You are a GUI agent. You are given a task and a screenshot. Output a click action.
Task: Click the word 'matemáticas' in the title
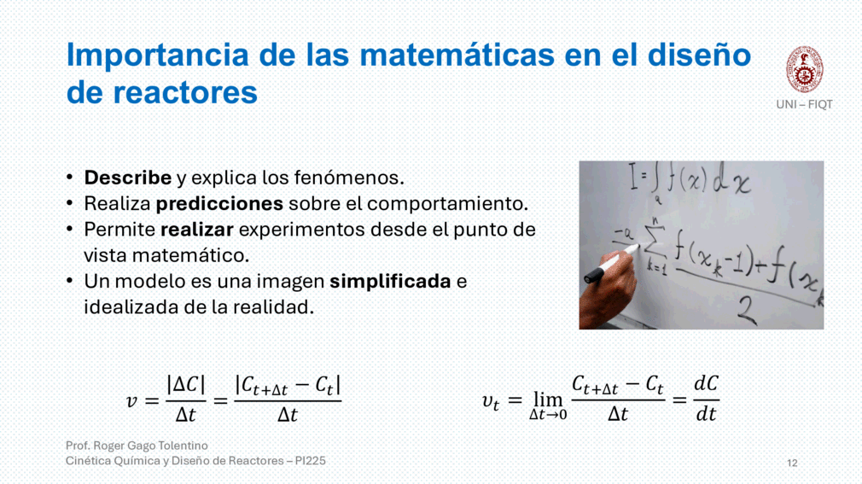[x=457, y=55]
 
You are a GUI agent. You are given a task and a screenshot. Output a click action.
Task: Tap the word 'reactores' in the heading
[x=184, y=92]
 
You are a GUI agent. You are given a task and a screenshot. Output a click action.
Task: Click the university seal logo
[x=804, y=69]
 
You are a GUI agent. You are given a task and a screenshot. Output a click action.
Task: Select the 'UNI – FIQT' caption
[x=804, y=104]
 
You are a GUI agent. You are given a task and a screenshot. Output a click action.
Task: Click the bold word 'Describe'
[x=127, y=178]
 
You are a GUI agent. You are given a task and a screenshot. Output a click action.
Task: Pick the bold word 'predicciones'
[x=219, y=204]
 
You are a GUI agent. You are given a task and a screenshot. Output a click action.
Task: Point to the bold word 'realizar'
[x=197, y=230]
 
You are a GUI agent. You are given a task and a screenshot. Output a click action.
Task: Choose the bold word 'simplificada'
[x=390, y=282]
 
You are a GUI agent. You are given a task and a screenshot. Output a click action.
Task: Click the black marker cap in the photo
[x=594, y=275]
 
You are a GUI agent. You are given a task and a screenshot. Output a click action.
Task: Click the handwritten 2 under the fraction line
[x=746, y=310]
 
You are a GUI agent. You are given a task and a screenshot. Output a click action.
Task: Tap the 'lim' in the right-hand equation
[x=548, y=399]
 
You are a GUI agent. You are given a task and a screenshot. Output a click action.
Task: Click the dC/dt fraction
[x=706, y=398]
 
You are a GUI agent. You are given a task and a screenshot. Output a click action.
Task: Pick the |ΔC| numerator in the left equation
[x=186, y=384]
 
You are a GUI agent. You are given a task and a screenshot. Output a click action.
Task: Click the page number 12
[x=792, y=464]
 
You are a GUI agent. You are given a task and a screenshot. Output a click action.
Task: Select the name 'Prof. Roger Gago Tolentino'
[x=137, y=446]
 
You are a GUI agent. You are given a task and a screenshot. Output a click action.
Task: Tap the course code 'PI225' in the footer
[x=310, y=461]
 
